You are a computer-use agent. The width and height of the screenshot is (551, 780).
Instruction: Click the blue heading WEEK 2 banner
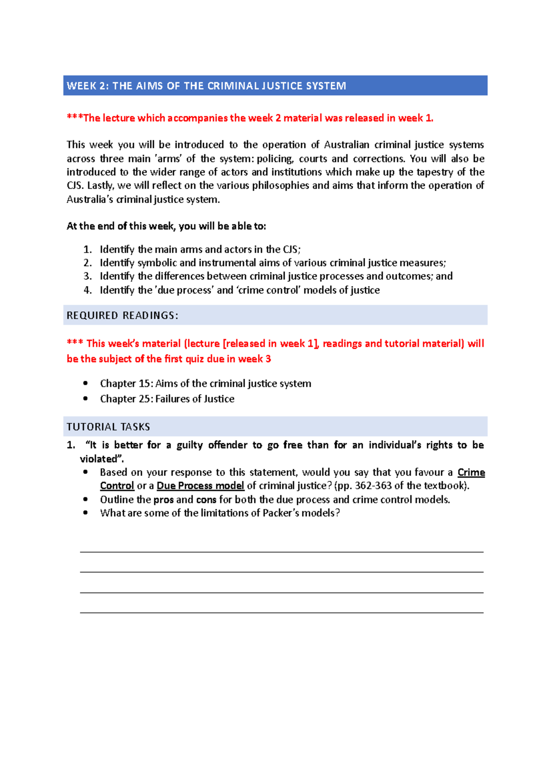[x=275, y=86]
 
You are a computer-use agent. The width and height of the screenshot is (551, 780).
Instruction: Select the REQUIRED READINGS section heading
[x=122, y=316]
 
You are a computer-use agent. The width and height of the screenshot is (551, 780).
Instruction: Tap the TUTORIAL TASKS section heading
[x=108, y=427]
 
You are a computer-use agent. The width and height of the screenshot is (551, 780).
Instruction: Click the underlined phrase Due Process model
[x=200, y=486]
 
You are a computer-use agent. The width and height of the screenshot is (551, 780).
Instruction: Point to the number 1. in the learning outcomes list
[x=87, y=249]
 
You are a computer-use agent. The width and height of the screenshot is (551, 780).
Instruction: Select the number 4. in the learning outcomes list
[x=87, y=290]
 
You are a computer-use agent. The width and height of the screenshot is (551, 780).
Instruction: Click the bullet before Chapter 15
[x=85, y=384]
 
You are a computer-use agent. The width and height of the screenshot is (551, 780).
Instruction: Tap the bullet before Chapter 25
[x=85, y=399]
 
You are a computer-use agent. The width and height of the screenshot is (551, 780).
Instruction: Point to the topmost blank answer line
[x=281, y=552]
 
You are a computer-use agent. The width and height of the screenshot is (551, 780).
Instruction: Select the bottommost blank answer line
[x=281, y=612]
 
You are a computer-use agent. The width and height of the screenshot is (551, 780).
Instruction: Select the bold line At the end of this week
[x=166, y=226]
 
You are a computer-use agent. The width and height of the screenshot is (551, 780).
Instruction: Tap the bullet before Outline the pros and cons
[x=85, y=500]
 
